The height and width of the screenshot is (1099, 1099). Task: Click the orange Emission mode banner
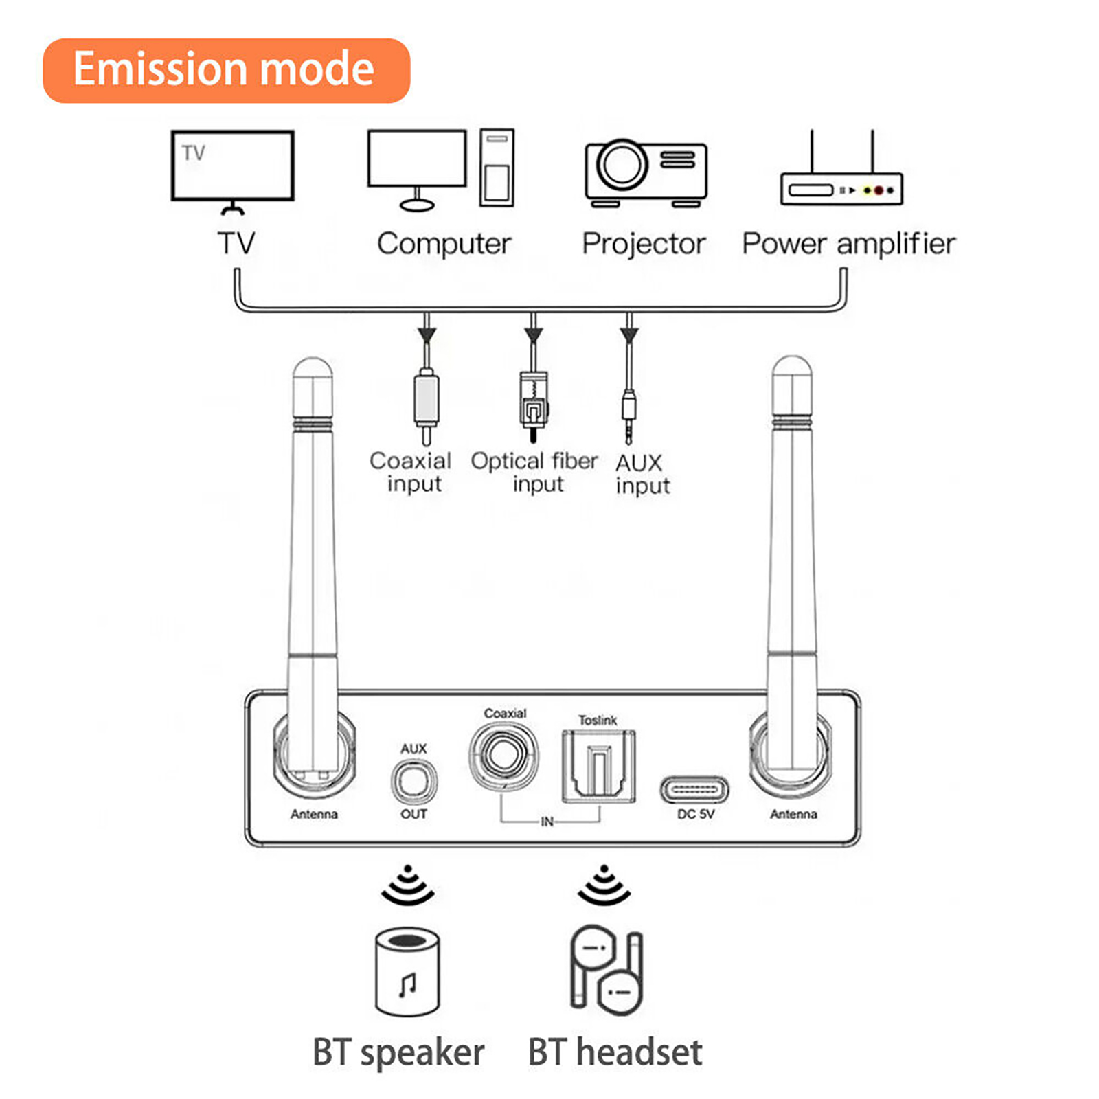pyautogui.click(x=226, y=71)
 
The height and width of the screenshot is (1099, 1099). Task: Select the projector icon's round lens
pyautogui.click(x=622, y=164)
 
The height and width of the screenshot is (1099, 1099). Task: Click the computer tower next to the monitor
pyautogui.click(x=497, y=167)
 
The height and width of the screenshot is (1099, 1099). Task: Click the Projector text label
pyautogui.click(x=644, y=244)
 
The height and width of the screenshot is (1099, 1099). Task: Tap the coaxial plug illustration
pyautogui.click(x=427, y=405)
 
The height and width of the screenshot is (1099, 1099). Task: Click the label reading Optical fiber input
pyautogui.click(x=534, y=472)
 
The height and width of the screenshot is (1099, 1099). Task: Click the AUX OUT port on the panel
pyautogui.click(x=413, y=782)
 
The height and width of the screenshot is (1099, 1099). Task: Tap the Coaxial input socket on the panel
pyautogui.click(x=504, y=755)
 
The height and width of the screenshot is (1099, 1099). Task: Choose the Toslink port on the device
pyautogui.click(x=598, y=766)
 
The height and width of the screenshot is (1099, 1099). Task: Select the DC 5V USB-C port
pyautogui.click(x=694, y=790)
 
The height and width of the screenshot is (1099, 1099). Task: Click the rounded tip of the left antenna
pyautogui.click(x=313, y=374)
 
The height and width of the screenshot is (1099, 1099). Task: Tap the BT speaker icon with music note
pyautogui.click(x=407, y=972)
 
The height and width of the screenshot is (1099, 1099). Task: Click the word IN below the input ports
pyautogui.click(x=547, y=822)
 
